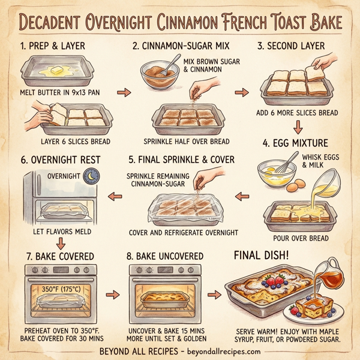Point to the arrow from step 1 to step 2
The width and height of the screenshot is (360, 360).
123,94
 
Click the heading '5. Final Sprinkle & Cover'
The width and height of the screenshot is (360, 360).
181,160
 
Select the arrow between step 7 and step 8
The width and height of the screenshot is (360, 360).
111,295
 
